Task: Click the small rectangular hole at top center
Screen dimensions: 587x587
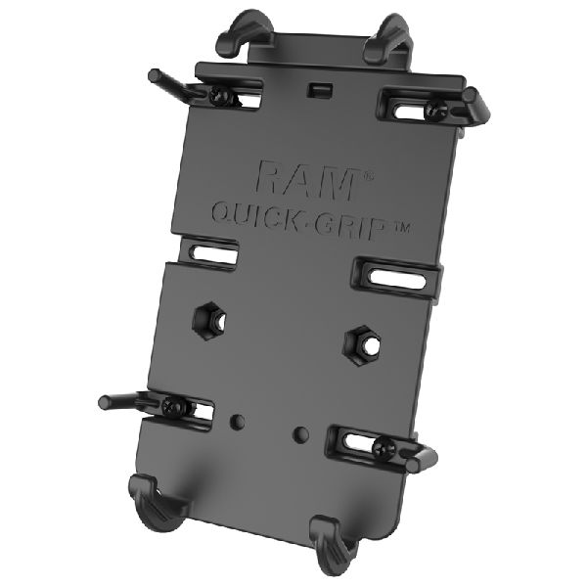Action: (316, 89)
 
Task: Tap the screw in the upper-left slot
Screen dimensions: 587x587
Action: (221, 95)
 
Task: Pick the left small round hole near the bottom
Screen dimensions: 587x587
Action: (236, 423)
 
